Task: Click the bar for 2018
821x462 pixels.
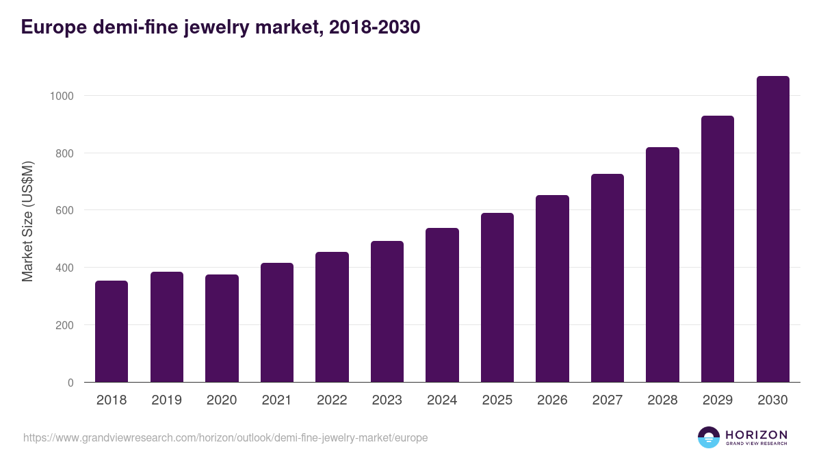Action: pos(112,331)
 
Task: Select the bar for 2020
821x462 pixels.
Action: pos(222,329)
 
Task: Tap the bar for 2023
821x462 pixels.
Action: pos(387,311)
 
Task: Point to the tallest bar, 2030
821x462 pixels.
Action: pos(772,229)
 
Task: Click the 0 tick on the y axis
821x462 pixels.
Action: pos(70,383)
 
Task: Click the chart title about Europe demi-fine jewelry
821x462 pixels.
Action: pos(220,27)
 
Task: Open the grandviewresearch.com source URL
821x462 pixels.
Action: pos(225,437)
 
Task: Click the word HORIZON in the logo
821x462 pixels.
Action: pos(756,434)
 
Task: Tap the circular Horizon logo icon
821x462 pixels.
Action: pos(708,437)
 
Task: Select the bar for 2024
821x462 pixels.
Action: pos(442,305)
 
